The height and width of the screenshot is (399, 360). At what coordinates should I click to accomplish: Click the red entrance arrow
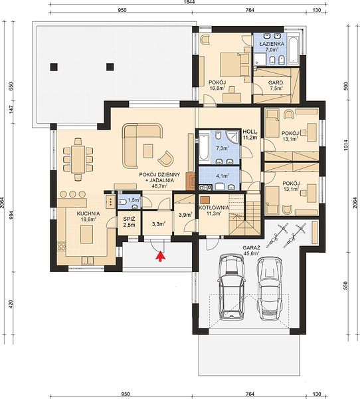pos(161,256)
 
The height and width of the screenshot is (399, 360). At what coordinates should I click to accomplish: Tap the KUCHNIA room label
pos(88,213)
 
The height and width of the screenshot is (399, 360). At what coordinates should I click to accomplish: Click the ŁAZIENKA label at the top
pos(272,44)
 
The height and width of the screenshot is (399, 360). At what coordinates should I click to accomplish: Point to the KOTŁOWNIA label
pos(214,207)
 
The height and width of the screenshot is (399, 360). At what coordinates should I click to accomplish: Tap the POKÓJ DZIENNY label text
pos(159,175)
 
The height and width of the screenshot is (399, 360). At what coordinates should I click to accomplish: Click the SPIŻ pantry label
pos(129,218)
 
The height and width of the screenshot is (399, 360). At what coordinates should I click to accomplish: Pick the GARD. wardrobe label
pos(276,82)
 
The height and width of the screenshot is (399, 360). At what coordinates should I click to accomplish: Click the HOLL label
pos(249,132)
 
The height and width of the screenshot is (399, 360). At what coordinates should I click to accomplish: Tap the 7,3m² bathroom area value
pos(223,148)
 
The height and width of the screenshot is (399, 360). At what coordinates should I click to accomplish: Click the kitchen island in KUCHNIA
pos(87,235)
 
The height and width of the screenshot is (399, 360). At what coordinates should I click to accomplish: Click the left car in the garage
pos(232,287)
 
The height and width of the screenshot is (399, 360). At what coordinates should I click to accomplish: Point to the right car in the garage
pos(270,289)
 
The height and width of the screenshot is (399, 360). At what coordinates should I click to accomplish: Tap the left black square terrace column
pos(54,67)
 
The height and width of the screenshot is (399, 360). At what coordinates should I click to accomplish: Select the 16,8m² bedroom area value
pos(217,88)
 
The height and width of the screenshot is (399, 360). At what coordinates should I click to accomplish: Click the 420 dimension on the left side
pos(11,304)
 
